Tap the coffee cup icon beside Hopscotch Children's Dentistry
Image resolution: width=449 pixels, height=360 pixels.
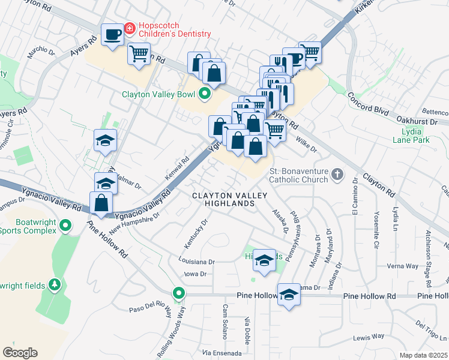coord(112,34)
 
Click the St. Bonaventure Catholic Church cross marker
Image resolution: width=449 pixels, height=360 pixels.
coord(338,175)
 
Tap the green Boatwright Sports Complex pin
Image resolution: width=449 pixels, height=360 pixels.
coord(67,226)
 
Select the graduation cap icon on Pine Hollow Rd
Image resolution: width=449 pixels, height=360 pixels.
coord(289,294)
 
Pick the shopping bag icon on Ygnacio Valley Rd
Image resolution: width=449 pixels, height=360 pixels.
coord(101,203)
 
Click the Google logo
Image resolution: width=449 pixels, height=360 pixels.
coord(20,353)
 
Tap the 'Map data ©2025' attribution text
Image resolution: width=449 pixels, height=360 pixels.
coord(423,355)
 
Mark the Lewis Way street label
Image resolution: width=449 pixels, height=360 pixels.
coord(369,337)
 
